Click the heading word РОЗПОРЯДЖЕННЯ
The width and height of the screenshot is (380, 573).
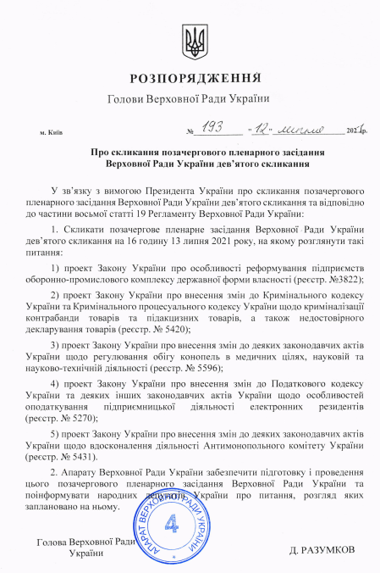190,80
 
